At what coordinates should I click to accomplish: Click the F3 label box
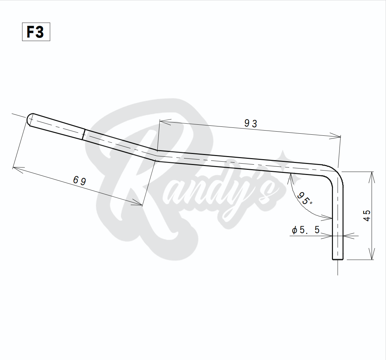point(36,32)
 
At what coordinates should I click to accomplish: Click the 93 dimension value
point(251,123)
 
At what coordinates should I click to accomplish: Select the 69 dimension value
point(80,181)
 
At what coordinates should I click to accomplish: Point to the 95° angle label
point(304,198)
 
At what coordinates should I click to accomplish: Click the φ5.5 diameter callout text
point(305,230)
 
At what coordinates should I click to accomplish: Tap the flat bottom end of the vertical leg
point(337,259)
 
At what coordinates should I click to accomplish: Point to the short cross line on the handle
point(84,134)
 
